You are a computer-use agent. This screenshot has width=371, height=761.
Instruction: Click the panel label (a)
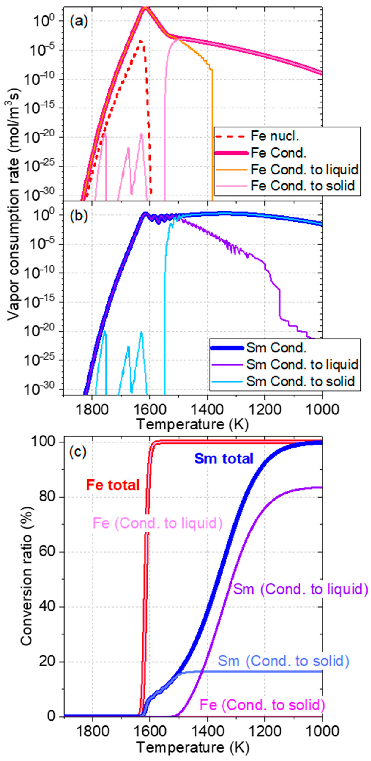tap(79, 22)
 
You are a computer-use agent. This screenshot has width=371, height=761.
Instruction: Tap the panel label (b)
tap(79, 216)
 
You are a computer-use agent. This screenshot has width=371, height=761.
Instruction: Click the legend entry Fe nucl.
tap(275, 136)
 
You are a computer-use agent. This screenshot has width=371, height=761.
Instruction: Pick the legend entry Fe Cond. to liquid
tap(304, 170)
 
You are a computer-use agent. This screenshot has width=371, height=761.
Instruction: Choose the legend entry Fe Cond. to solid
tap(303, 186)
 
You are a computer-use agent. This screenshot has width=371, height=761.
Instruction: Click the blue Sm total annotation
tap(224, 459)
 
